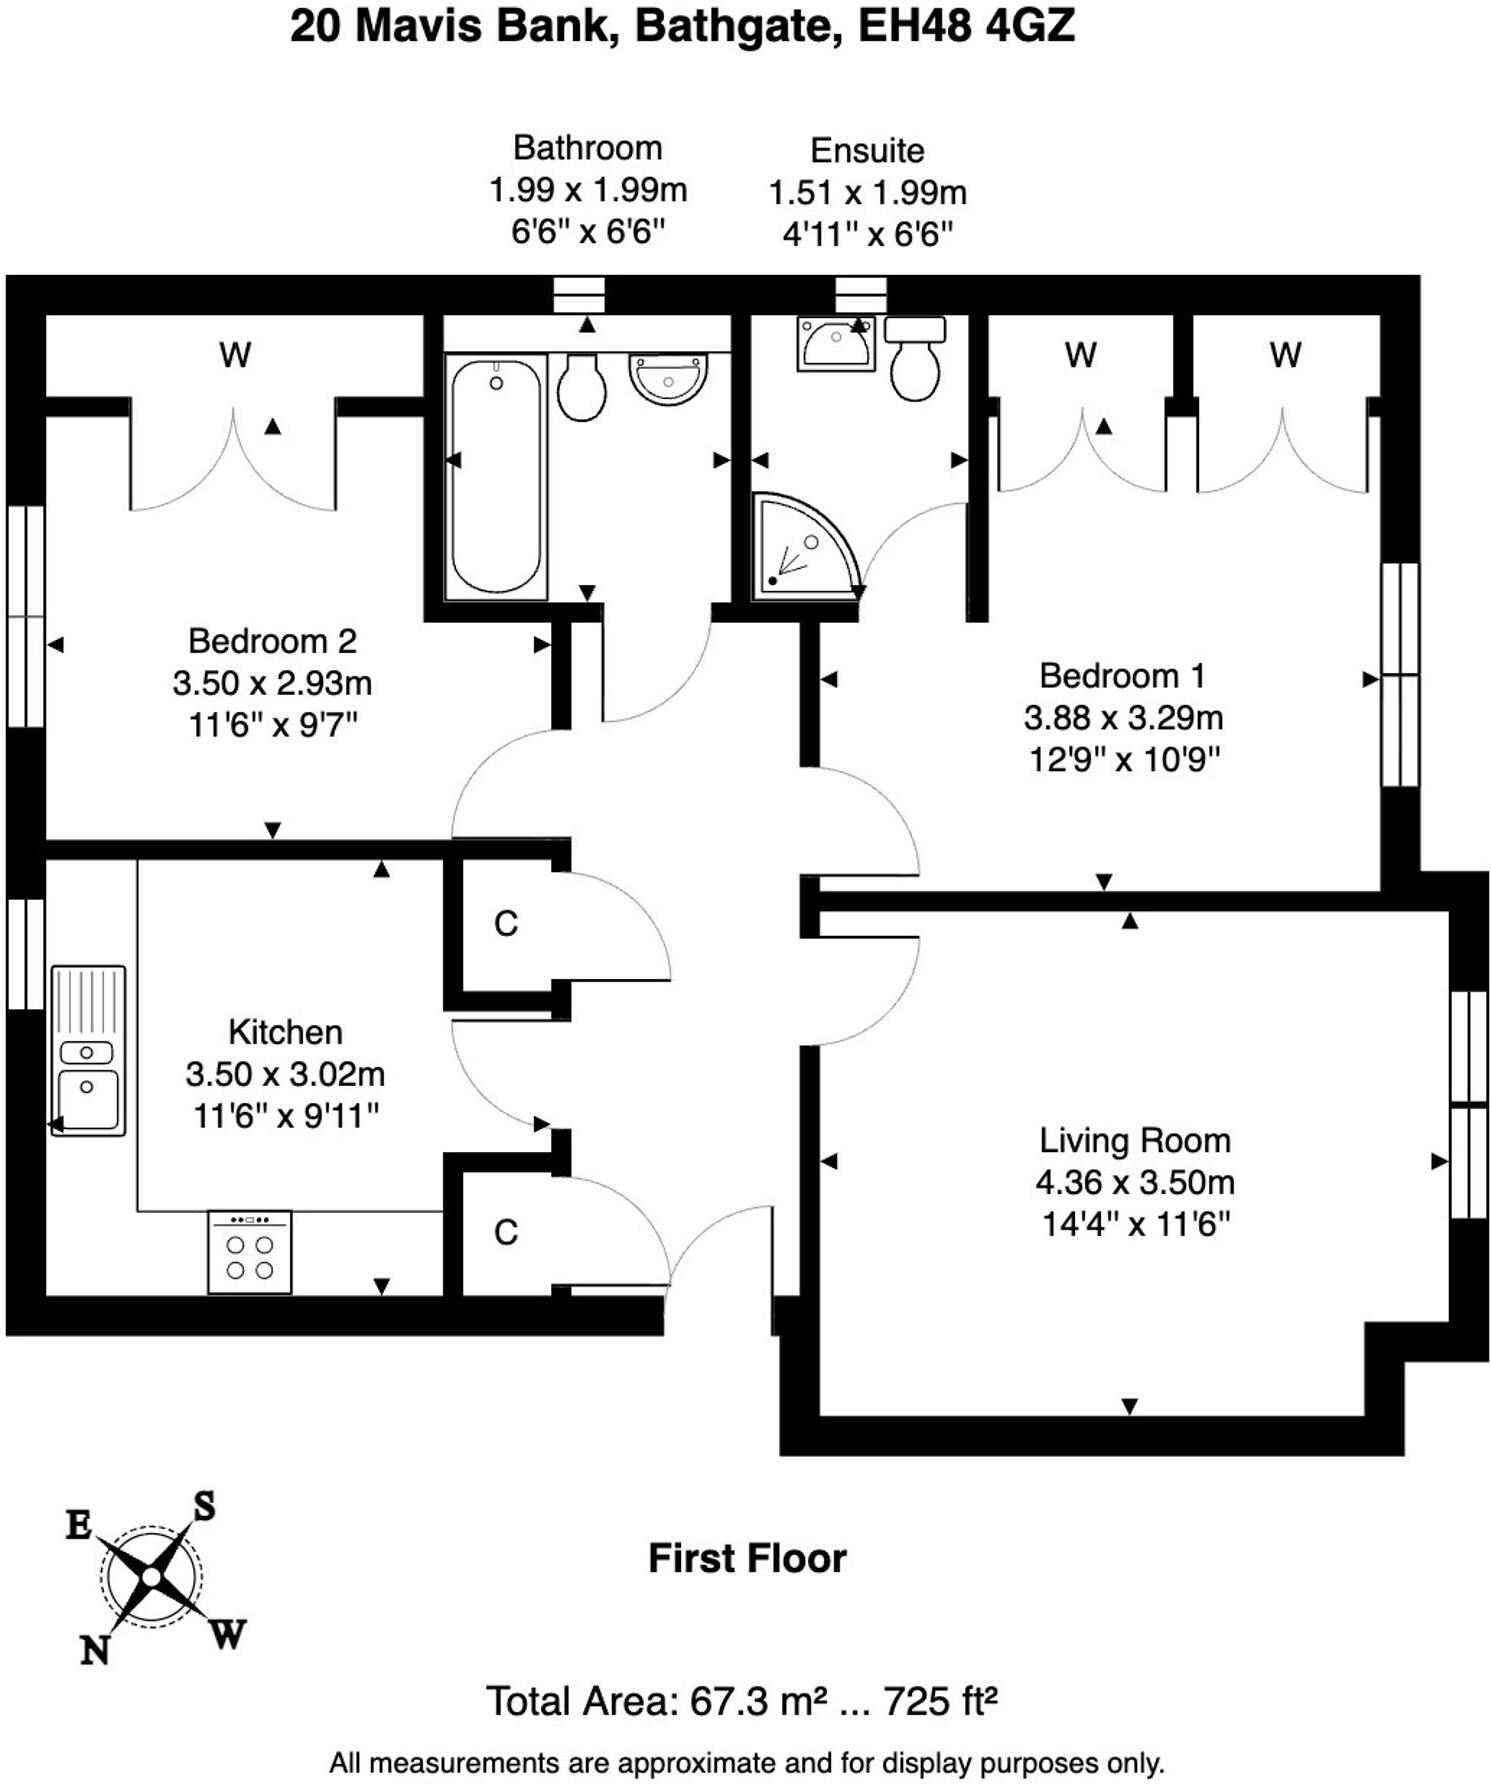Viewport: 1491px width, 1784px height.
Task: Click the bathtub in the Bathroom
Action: point(496,476)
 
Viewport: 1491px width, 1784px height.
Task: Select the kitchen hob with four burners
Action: point(250,1252)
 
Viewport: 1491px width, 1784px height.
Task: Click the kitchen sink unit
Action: point(88,1050)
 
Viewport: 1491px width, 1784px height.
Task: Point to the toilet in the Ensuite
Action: point(915,358)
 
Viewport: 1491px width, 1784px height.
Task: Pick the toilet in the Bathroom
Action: point(581,386)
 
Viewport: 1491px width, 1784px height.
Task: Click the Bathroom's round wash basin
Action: point(668,378)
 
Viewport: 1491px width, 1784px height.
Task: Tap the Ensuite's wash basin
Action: point(836,344)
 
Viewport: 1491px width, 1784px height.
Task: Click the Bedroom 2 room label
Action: point(272,641)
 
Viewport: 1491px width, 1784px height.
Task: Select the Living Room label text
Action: point(1135,1140)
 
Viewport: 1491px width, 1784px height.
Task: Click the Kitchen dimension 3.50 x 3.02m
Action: point(285,1074)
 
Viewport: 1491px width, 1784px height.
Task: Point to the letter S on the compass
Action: point(204,1506)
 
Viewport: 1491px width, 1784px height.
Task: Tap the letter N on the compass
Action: point(95,1650)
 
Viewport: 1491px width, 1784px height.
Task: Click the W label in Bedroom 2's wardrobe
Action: point(235,355)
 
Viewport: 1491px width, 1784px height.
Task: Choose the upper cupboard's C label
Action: point(506,924)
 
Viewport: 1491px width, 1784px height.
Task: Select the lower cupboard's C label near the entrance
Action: point(506,1233)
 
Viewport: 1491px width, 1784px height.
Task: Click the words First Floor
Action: point(747,1558)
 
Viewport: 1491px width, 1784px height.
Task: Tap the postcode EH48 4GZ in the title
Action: point(966,26)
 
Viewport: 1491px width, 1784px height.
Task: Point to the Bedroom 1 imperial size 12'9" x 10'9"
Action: point(1125,760)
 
